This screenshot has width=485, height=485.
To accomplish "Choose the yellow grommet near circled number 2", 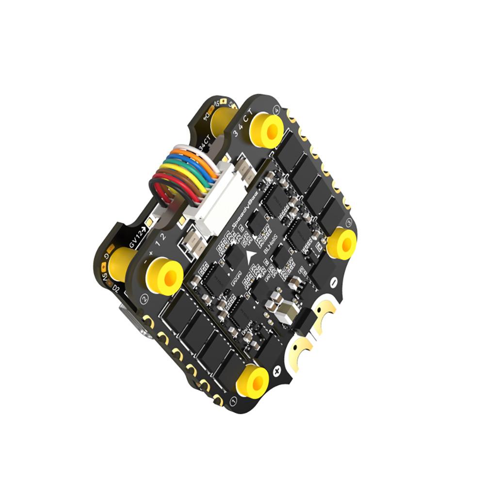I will coord(162,275).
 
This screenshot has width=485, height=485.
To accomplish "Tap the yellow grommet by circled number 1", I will coord(252,380).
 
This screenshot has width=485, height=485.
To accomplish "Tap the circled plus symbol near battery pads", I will coord(277,372).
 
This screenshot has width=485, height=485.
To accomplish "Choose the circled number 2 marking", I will coord(144,298).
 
